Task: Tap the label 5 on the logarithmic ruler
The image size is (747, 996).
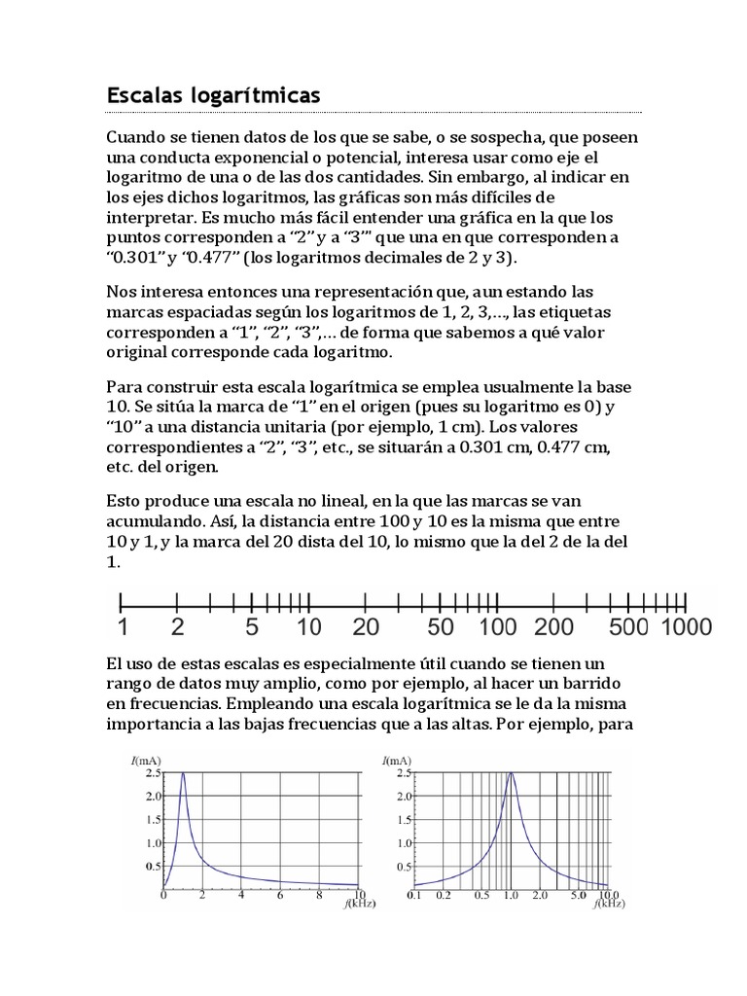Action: tap(253, 627)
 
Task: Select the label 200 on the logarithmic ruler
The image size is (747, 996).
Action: tap(554, 627)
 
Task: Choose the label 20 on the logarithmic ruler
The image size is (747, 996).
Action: tap(366, 627)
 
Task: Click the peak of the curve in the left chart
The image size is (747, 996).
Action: tap(183, 773)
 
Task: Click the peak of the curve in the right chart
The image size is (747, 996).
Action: tap(510, 773)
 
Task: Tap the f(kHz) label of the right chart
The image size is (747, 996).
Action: tap(608, 905)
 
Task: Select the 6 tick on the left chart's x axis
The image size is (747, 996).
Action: tap(280, 895)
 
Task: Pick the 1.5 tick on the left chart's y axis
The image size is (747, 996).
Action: tap(153, 819)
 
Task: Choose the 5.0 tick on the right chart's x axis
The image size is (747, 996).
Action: tap(578, 895)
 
